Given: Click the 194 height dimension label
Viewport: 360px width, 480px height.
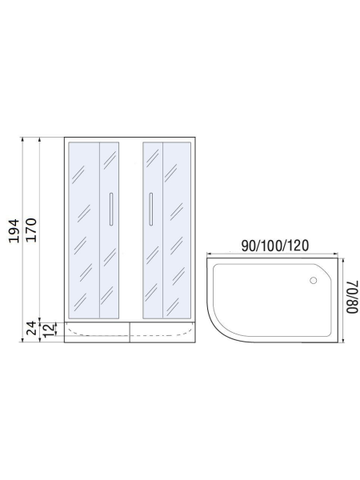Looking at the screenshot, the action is [x=14, y=231].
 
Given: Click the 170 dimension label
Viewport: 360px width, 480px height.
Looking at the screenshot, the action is [x=31, y=230].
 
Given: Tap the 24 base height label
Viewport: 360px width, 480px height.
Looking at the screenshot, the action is [x=31, y=328].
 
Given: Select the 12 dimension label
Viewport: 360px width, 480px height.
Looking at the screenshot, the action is [x=49, y=330].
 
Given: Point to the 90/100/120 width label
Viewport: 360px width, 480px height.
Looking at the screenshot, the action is [x=275, y=246].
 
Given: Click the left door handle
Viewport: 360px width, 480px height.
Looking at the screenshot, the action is [x=111, y=209].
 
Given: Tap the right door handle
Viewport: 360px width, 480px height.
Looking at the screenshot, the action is [x=151, y=209].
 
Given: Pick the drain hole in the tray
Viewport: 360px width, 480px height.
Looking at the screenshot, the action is [x=313, y=280].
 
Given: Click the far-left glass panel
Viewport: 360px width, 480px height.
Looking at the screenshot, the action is [x=84, y=230].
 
